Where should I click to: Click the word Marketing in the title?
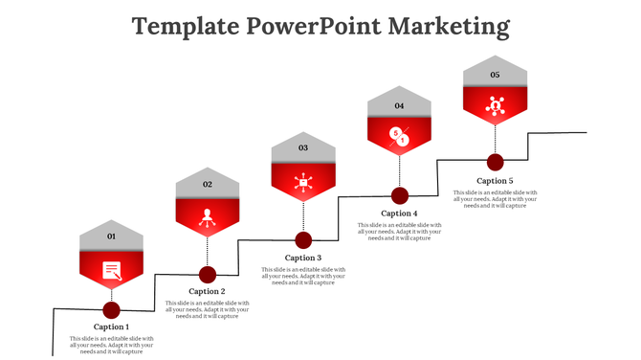[449, 26]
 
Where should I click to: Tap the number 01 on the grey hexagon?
[111, 236]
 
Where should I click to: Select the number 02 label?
[207, 184]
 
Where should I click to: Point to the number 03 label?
[303, 148]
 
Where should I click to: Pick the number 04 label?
[399, 105]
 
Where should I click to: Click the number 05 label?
[495, 75]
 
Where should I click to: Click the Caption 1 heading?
[111, 326]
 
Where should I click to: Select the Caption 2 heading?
[207, 291]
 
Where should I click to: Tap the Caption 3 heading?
[303, 258]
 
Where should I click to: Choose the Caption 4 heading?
[399, 213]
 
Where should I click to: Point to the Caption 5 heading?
[495, 181]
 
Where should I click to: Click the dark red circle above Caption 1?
[111, 309]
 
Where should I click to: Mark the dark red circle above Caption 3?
[303, 239]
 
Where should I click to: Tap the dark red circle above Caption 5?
[495, 162]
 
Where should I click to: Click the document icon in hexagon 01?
[112, 270]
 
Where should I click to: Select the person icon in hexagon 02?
[207, 215]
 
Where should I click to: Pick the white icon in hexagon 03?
[303, 181]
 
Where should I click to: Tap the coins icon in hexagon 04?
[399, 137]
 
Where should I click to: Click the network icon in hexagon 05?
[495, 106]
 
